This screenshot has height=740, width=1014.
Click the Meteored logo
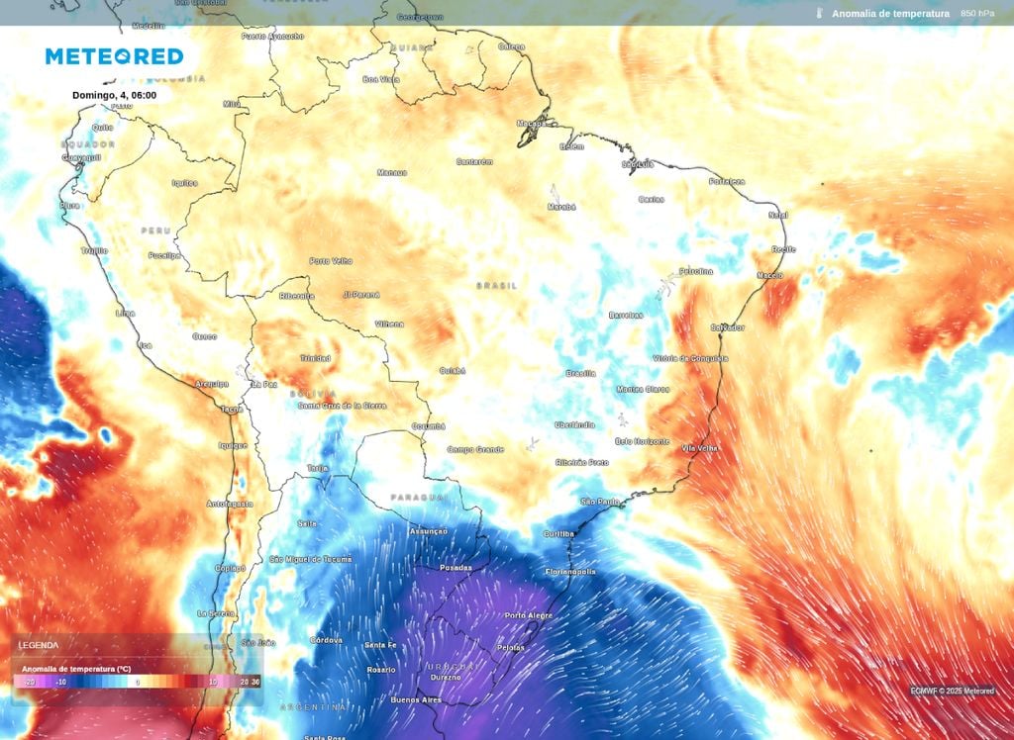pos(114,56)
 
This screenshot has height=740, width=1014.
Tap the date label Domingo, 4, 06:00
pos(114,96)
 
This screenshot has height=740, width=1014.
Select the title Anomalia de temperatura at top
pos(890,14)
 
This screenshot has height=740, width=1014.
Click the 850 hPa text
pos(977,14)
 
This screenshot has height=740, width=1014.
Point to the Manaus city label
pos(391,172)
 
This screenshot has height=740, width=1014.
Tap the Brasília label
pos(580,373)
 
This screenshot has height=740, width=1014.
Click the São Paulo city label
pos(600,502)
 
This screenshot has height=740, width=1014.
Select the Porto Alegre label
pos(529,615)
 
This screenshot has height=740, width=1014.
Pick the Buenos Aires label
pos(416,699)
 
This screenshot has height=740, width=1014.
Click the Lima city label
pos(125,313)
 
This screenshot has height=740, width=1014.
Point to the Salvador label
pos(728,327)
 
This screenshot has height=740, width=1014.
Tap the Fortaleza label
pos(727,181)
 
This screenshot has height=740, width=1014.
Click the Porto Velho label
pos(331,261)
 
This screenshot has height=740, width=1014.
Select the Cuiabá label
pos(453,371)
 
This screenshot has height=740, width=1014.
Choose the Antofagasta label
pos(230,504)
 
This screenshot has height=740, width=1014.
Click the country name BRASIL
pos(496,285)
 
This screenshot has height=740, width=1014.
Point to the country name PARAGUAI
pos(413,497)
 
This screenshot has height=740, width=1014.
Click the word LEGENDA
pos(39,645)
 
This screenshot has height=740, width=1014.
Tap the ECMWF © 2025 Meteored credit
pos(953,691)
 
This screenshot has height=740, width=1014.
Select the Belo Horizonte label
pos(642,441)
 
